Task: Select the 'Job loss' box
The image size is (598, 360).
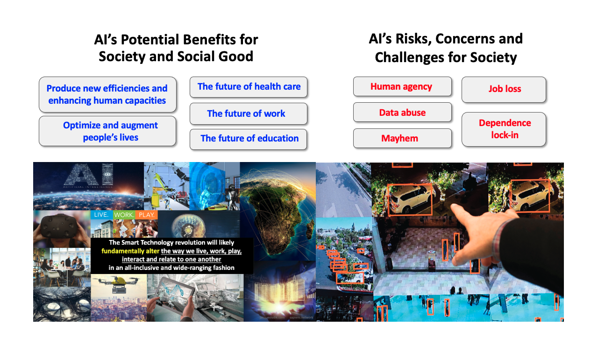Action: click(504, 89)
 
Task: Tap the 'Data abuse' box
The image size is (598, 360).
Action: click(402, 113)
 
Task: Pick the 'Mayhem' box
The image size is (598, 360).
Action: click(402, 138)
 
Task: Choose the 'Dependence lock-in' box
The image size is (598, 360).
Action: click(504, 129)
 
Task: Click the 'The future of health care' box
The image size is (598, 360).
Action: click(249, 87)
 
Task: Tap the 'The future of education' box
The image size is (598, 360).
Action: click(249, 139)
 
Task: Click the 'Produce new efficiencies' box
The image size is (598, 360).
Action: click(107, 94)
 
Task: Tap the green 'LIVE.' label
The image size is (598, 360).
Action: click(101, 215)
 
